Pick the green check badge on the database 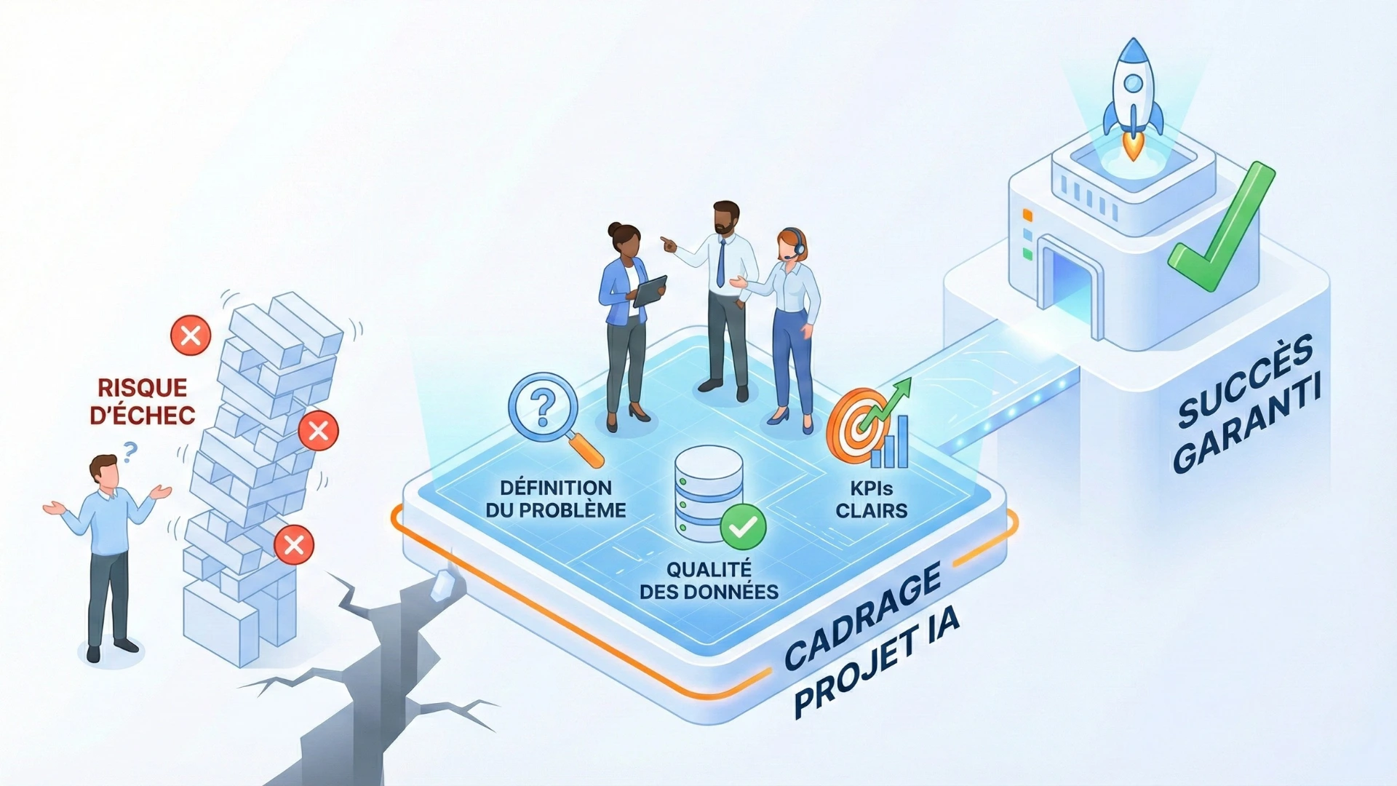743,526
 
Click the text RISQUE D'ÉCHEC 143,401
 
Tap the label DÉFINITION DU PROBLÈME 556,499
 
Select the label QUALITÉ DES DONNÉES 709,580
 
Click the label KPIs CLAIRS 871,499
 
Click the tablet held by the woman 650,290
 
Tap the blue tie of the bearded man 720,263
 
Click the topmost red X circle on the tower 191,336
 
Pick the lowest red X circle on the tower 294,544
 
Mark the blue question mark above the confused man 130,452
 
